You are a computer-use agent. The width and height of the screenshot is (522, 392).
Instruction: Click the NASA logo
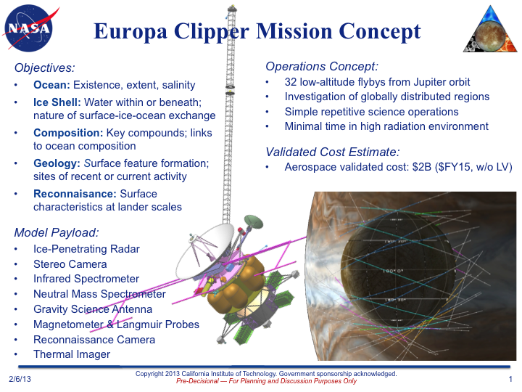pyautogui.click(x=29, y=28)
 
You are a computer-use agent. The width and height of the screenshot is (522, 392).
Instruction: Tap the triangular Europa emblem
pyautogui.click(x=490, y=29)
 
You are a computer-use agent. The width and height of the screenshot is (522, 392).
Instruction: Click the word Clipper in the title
pyautogui.click(x=212, y=33)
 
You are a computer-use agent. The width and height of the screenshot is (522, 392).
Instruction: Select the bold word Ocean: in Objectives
pyautogui.click(x=51, y=85)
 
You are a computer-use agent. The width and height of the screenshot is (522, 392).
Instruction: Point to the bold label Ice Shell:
pyautogui.click(x=57, y=102)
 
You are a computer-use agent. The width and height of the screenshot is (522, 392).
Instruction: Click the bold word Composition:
pyautogui.click(x=68, y=133)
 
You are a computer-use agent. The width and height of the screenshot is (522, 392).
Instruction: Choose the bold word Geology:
pyautogui.click(x=57, y=163)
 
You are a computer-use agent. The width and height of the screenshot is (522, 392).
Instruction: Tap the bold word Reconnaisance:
pyautogui.click(x=75, y=194)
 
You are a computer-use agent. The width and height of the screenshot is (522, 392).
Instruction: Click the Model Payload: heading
pyautogui.click(x=57, y=233)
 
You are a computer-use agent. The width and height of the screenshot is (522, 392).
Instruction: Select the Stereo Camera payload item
pyautogui.click(x=70, y=264)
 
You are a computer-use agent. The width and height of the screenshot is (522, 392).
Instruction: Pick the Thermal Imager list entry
pyautogui.click(x=72, y=354)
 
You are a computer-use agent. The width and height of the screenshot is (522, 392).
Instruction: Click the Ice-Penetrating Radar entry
pyautogui.click(x=86, y=249)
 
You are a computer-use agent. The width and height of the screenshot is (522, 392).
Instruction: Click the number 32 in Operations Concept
pyautogui.click(x=290, y=82)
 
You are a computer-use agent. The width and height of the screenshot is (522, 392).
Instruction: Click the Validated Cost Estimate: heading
pyautogui.click(x=333, y=152)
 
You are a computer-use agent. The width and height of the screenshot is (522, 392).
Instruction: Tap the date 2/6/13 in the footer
pyautogui.click(x=20, y=379)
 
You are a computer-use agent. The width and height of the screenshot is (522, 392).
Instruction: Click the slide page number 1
pyautogui.click(x=510, y=379)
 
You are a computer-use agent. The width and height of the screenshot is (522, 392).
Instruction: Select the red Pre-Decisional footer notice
pyautogui.click(x=266, y=381)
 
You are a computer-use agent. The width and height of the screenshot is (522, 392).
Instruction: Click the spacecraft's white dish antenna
pyautogui.click(x=203, y=252)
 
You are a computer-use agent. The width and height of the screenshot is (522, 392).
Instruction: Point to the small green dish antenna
pyautogui.click(x=254, y=221)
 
